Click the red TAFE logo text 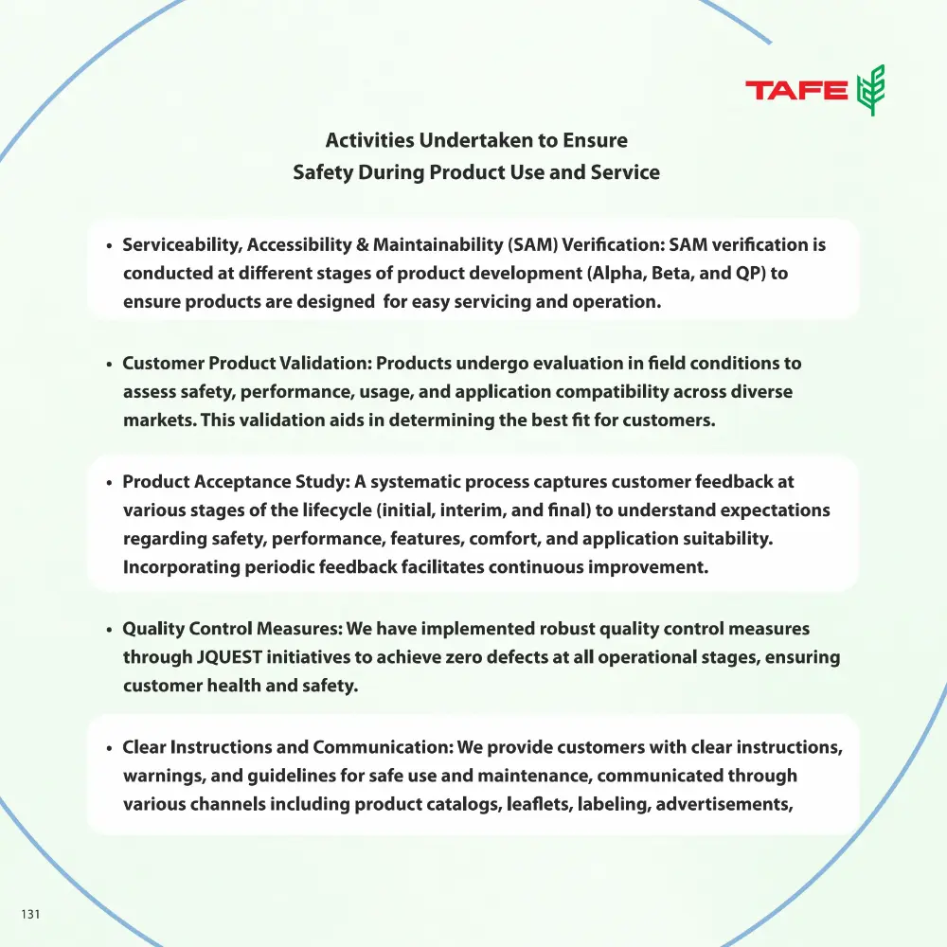pos(796,91)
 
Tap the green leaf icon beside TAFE pos(870,90)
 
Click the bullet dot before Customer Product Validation pos(110,365)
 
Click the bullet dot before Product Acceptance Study pos(110,483)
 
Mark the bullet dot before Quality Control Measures pos(110,630)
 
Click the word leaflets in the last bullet pos(528,804)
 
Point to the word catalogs pos(452,804)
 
